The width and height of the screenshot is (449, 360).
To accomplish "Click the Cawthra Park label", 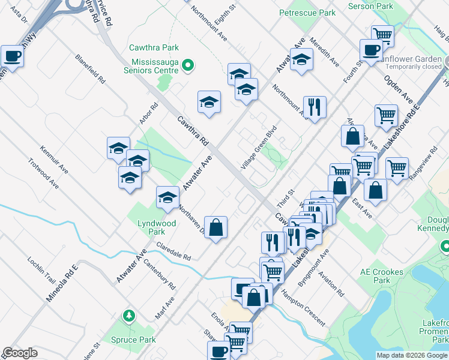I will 154,47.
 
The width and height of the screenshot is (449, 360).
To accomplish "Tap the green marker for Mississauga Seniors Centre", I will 187,65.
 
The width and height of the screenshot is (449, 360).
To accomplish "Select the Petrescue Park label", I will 307,13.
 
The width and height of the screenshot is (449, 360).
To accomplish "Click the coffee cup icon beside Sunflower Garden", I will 371,50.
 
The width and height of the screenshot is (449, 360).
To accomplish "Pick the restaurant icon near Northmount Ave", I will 314,107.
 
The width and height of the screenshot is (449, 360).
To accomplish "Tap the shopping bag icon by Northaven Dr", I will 216,227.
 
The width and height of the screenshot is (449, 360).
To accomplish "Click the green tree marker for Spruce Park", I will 128,315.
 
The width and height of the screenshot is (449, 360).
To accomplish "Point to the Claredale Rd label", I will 173,251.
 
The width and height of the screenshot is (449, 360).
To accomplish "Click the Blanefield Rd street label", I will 90,70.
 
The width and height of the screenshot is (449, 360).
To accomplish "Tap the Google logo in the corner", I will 20,353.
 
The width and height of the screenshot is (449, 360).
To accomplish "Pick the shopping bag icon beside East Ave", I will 375,191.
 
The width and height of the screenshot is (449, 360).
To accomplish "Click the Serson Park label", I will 370,6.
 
